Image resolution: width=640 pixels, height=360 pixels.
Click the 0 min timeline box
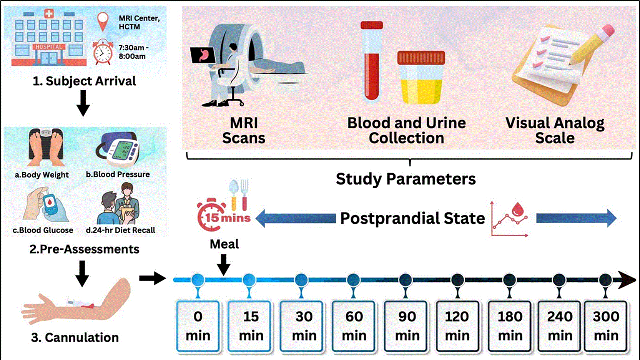point(198,326)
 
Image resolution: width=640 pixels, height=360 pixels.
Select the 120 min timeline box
point(457,326)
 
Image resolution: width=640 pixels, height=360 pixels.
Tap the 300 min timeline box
point(606,326)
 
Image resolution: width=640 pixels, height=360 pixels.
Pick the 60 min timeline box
point(354,326)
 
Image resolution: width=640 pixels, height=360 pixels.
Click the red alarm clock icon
point(103,52)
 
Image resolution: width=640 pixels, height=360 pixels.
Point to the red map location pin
point(103,22)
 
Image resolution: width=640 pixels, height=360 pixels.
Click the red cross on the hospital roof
point(49,13)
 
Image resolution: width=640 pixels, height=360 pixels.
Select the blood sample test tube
point(371,61)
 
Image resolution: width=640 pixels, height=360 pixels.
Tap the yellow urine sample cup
point(421,77)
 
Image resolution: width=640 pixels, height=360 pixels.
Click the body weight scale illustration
point(46,147)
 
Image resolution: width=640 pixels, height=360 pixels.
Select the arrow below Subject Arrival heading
point(83,103)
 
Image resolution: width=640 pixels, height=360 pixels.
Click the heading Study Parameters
point(406,179)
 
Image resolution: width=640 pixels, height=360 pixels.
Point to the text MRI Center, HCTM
point(139,22)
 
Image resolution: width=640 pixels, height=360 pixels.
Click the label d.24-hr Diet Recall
point(120,230)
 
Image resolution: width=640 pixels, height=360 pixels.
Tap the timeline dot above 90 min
point(405,280)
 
